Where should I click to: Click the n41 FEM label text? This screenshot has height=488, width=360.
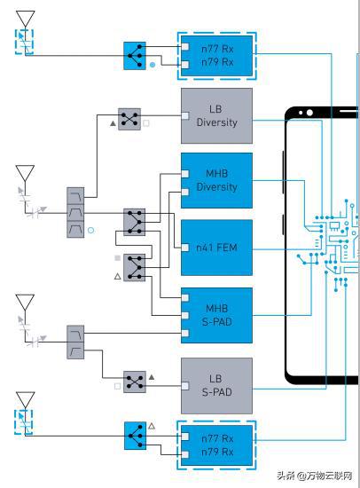click(216, 248)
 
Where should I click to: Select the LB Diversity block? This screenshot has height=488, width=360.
click(216, 115)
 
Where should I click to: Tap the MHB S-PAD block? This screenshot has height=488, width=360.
click(216, 315)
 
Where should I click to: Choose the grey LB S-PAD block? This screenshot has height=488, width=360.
click(216, 386)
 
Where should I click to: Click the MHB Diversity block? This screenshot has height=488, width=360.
click(216, 180)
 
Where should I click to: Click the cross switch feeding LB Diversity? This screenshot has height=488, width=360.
click(129, 119)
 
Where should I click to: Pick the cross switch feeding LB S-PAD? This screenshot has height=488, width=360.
click(135, 382)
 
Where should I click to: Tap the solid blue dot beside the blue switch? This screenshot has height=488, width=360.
click(153, 65)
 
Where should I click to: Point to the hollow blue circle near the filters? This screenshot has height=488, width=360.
click(90, 231)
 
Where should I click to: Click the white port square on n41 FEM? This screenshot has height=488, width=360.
click(185, 248)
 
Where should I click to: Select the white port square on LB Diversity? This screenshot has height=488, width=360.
click(185, 115)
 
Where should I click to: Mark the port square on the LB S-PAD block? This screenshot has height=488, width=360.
click(185, 386)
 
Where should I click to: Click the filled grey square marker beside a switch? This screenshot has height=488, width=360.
click(117, 258)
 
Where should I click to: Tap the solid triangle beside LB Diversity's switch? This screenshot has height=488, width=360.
click(113, 123)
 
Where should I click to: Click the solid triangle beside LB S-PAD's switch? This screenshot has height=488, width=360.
click(152, 377)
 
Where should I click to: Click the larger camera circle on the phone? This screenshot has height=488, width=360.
click(309, 113)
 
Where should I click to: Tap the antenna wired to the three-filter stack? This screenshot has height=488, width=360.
click(25, 174)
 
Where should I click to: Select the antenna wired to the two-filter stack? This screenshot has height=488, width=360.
click(25, 303)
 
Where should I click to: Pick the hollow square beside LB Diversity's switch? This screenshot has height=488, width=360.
click(146, 123)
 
